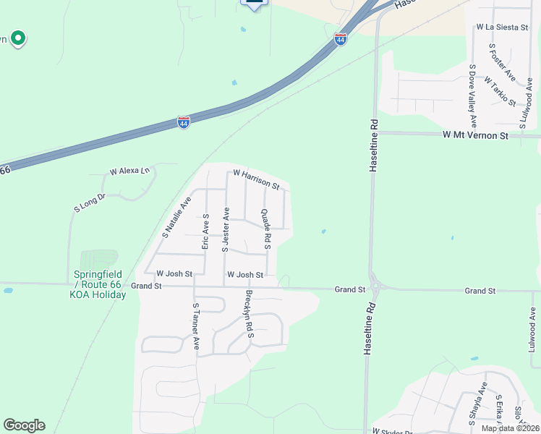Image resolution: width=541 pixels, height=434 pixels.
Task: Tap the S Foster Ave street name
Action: coord(501,63)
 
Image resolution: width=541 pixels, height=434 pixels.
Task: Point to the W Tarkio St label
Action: coord(500,92)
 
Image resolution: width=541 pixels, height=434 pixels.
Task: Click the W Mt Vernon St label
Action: coord(476,135)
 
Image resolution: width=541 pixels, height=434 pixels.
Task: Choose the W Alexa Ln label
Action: coord(129,172)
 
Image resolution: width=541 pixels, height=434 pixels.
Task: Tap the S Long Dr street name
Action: coord(90,202)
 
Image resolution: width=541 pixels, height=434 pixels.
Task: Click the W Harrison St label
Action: coord(256,179)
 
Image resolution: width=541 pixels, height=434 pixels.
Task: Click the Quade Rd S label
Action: coord(265,229)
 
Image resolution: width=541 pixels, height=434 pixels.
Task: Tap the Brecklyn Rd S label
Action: coord(250,315)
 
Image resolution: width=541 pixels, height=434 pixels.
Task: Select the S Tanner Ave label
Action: coord(195,326)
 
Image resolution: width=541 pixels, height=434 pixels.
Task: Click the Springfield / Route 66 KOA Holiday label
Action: coord(98,284)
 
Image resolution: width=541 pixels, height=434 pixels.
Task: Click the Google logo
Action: coord(24,425)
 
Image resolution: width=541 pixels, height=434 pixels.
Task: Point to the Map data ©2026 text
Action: coord(510,428)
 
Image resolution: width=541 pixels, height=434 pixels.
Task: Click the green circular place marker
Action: coord(17,38)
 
